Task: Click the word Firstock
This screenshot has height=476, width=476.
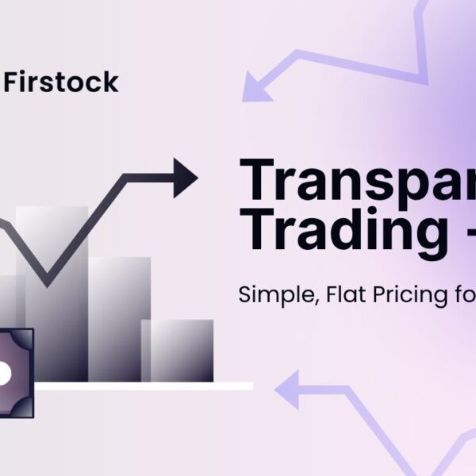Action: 62,82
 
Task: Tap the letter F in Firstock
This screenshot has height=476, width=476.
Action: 12,82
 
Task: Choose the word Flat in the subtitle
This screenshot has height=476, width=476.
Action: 327,295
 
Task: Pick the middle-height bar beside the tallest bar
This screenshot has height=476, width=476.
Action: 119,317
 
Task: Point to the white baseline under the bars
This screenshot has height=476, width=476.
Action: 143,386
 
